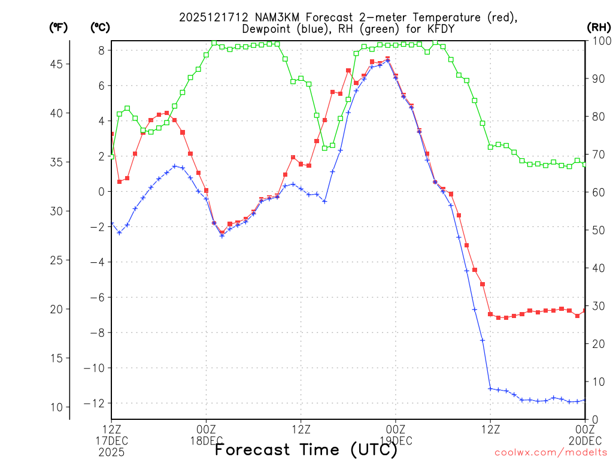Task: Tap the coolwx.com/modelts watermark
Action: (x=551, y=451)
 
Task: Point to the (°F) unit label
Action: (x=59, y=27)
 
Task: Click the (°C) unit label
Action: (x=99, y=27)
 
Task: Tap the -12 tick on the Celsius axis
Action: (x=96, y=403)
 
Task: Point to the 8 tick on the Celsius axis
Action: (x=101, y=50)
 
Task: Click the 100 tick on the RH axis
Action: (x=600, y=41)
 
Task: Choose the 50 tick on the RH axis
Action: (x=597, y=230)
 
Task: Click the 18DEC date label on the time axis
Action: (x=207, y=440)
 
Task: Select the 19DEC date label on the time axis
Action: (x=396, y=440)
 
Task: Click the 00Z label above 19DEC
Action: (x=396, y=429)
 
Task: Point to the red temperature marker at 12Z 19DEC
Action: (x=490, y=314)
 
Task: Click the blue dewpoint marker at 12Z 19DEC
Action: (x=490, y=389)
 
